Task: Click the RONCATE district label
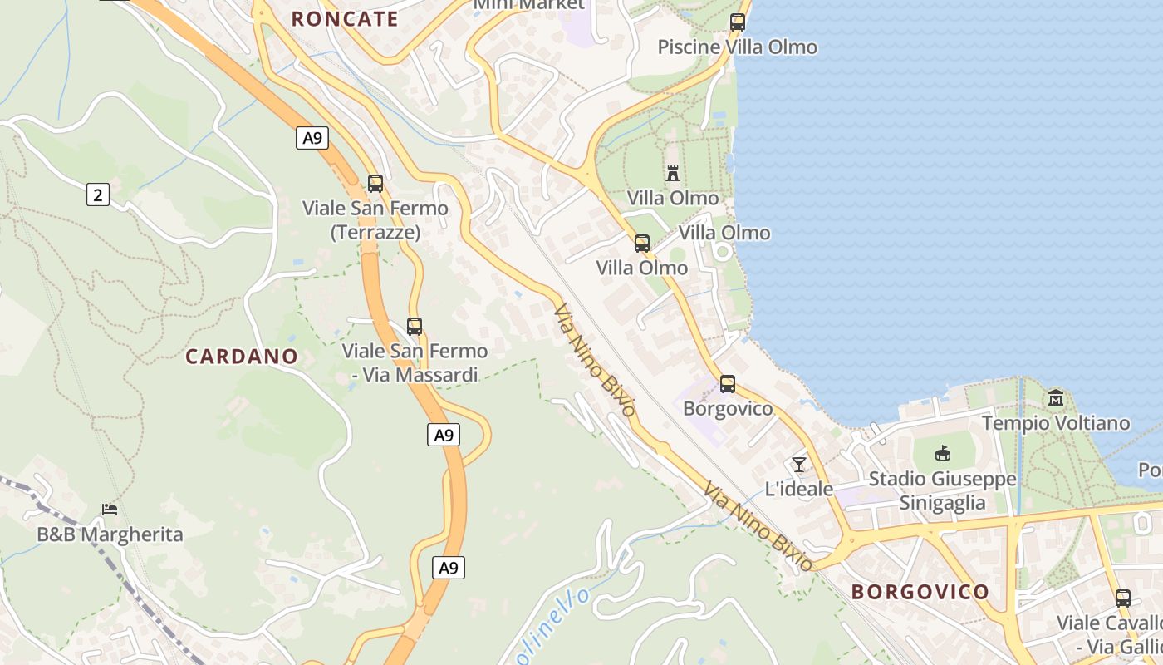(345, 19)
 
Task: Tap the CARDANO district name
(242, 357)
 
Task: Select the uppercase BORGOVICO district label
(920, 592)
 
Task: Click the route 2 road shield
(98, 195)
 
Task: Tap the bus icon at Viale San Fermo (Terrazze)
(375, 184)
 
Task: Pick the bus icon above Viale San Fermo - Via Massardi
(415, 327)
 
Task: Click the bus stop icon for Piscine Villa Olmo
(737, 22)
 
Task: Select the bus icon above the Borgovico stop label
(728, 384)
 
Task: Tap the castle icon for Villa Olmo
(673, 174)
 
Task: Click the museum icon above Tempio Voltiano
(1056, 398)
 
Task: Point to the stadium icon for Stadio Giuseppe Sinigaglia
(943, 454)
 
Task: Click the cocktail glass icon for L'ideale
(799, 464)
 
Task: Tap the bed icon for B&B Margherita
(109, 509)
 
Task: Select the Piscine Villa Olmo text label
(738, 47)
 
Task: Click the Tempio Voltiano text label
(1056, 424)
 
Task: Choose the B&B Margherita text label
(110, 534)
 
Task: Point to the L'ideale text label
(799, 489)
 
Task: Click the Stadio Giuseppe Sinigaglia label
(943, 491)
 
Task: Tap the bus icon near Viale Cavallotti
(1123, 598)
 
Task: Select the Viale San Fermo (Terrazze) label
(375, 220)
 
